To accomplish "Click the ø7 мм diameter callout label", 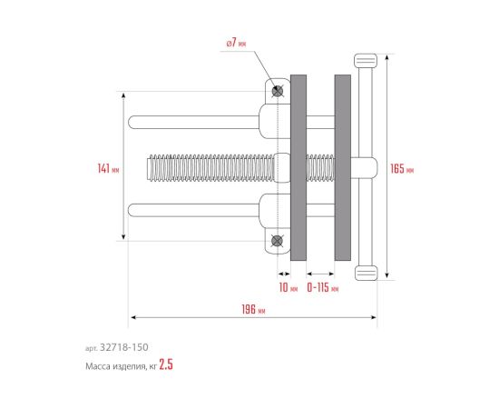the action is click(x=236, y=43).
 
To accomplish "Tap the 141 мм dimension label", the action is click(x=108, y=168).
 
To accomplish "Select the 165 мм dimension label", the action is click(x=402, y=169).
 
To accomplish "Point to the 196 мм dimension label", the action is click(x=253, y=309).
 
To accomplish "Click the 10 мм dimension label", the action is click(x=289, y=287).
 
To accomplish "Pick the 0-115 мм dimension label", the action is click(x=323, y=287).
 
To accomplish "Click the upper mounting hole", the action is click(x=278, y=92).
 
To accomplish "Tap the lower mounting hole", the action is click(x=278, y=241).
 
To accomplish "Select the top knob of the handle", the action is click(x=366, y=61).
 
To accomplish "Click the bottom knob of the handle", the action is click(x=366, y=273).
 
